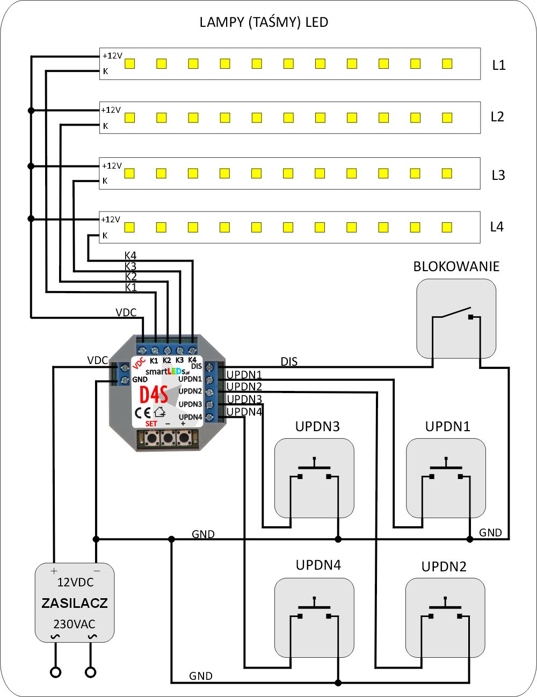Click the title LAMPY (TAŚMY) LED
coord(264,23)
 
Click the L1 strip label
coord(499,66)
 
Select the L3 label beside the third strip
coord(498,176)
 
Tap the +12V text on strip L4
coord(111,220)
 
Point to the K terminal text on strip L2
coord(106,126)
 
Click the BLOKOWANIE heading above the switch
coord(456,267)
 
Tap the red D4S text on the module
coord(154,395)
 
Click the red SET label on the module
coord(151,424)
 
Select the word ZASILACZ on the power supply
coord(75,603)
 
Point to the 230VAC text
coord(74,625)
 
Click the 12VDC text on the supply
coord(75,583)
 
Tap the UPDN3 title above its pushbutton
coord(317,427)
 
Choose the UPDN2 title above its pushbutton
coord(444,567)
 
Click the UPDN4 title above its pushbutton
coord(318,565)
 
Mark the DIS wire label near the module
coord(289,362)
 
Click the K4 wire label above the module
coord(130,256)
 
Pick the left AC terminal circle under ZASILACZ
coord(55,672)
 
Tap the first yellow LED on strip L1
coord(129,64)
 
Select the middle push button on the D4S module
coord(168,439)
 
